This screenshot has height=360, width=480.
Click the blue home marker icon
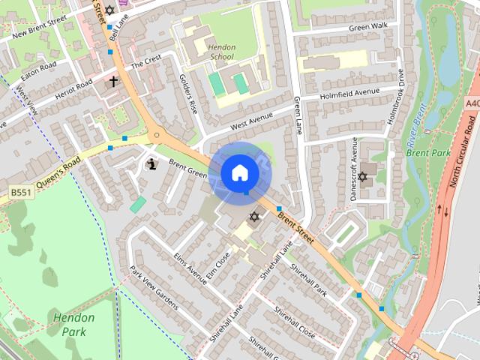tap(239, 172)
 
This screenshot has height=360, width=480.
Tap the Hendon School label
tap(222, 52)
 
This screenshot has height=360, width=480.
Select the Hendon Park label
tap(75, 324)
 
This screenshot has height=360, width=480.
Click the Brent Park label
tap(427, 152)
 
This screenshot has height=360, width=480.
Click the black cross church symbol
tap(113, 80)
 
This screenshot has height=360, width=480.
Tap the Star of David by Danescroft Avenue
tap(363, 177)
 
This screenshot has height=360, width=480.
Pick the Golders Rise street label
tap(188, 94)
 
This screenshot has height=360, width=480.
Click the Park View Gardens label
tap(154, 287)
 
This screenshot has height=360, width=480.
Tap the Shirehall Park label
tap(309, 279)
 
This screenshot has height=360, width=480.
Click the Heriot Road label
tap(72, 88)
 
